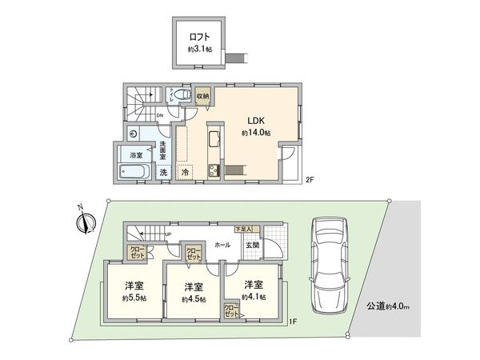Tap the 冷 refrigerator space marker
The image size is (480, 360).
tap(185, 171)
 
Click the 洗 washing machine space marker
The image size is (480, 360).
tap(162, 172)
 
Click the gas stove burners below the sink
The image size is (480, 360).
tap(214, 170)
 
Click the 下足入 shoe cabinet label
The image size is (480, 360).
tap(242, 229)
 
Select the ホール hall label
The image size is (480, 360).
tap(222, 245)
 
